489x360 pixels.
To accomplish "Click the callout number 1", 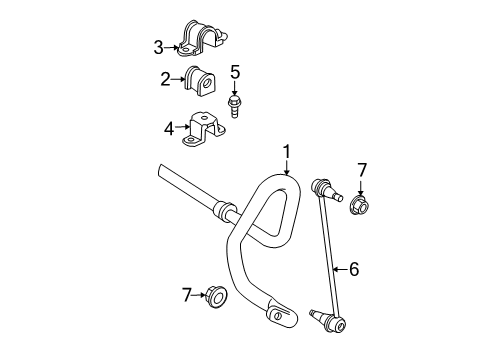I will [x=286, y=152].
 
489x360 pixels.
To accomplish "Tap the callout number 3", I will [x=158, y=45].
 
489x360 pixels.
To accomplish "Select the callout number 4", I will [x=168, y=127].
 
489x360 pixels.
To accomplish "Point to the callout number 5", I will [x=235, y=72].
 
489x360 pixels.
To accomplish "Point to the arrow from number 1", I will [x=286, y=167].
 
